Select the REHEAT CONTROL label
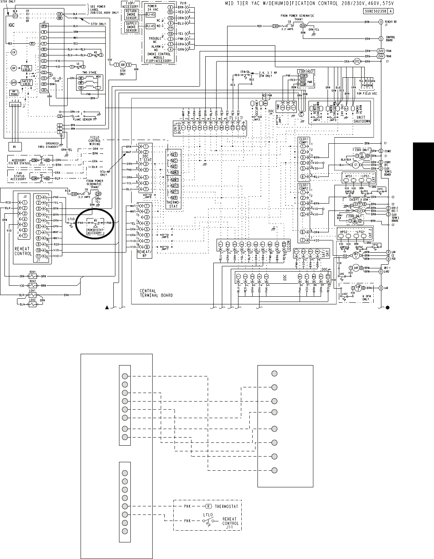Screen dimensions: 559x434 23,251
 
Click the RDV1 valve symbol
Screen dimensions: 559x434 33,276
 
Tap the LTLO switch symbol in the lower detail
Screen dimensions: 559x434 207,521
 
